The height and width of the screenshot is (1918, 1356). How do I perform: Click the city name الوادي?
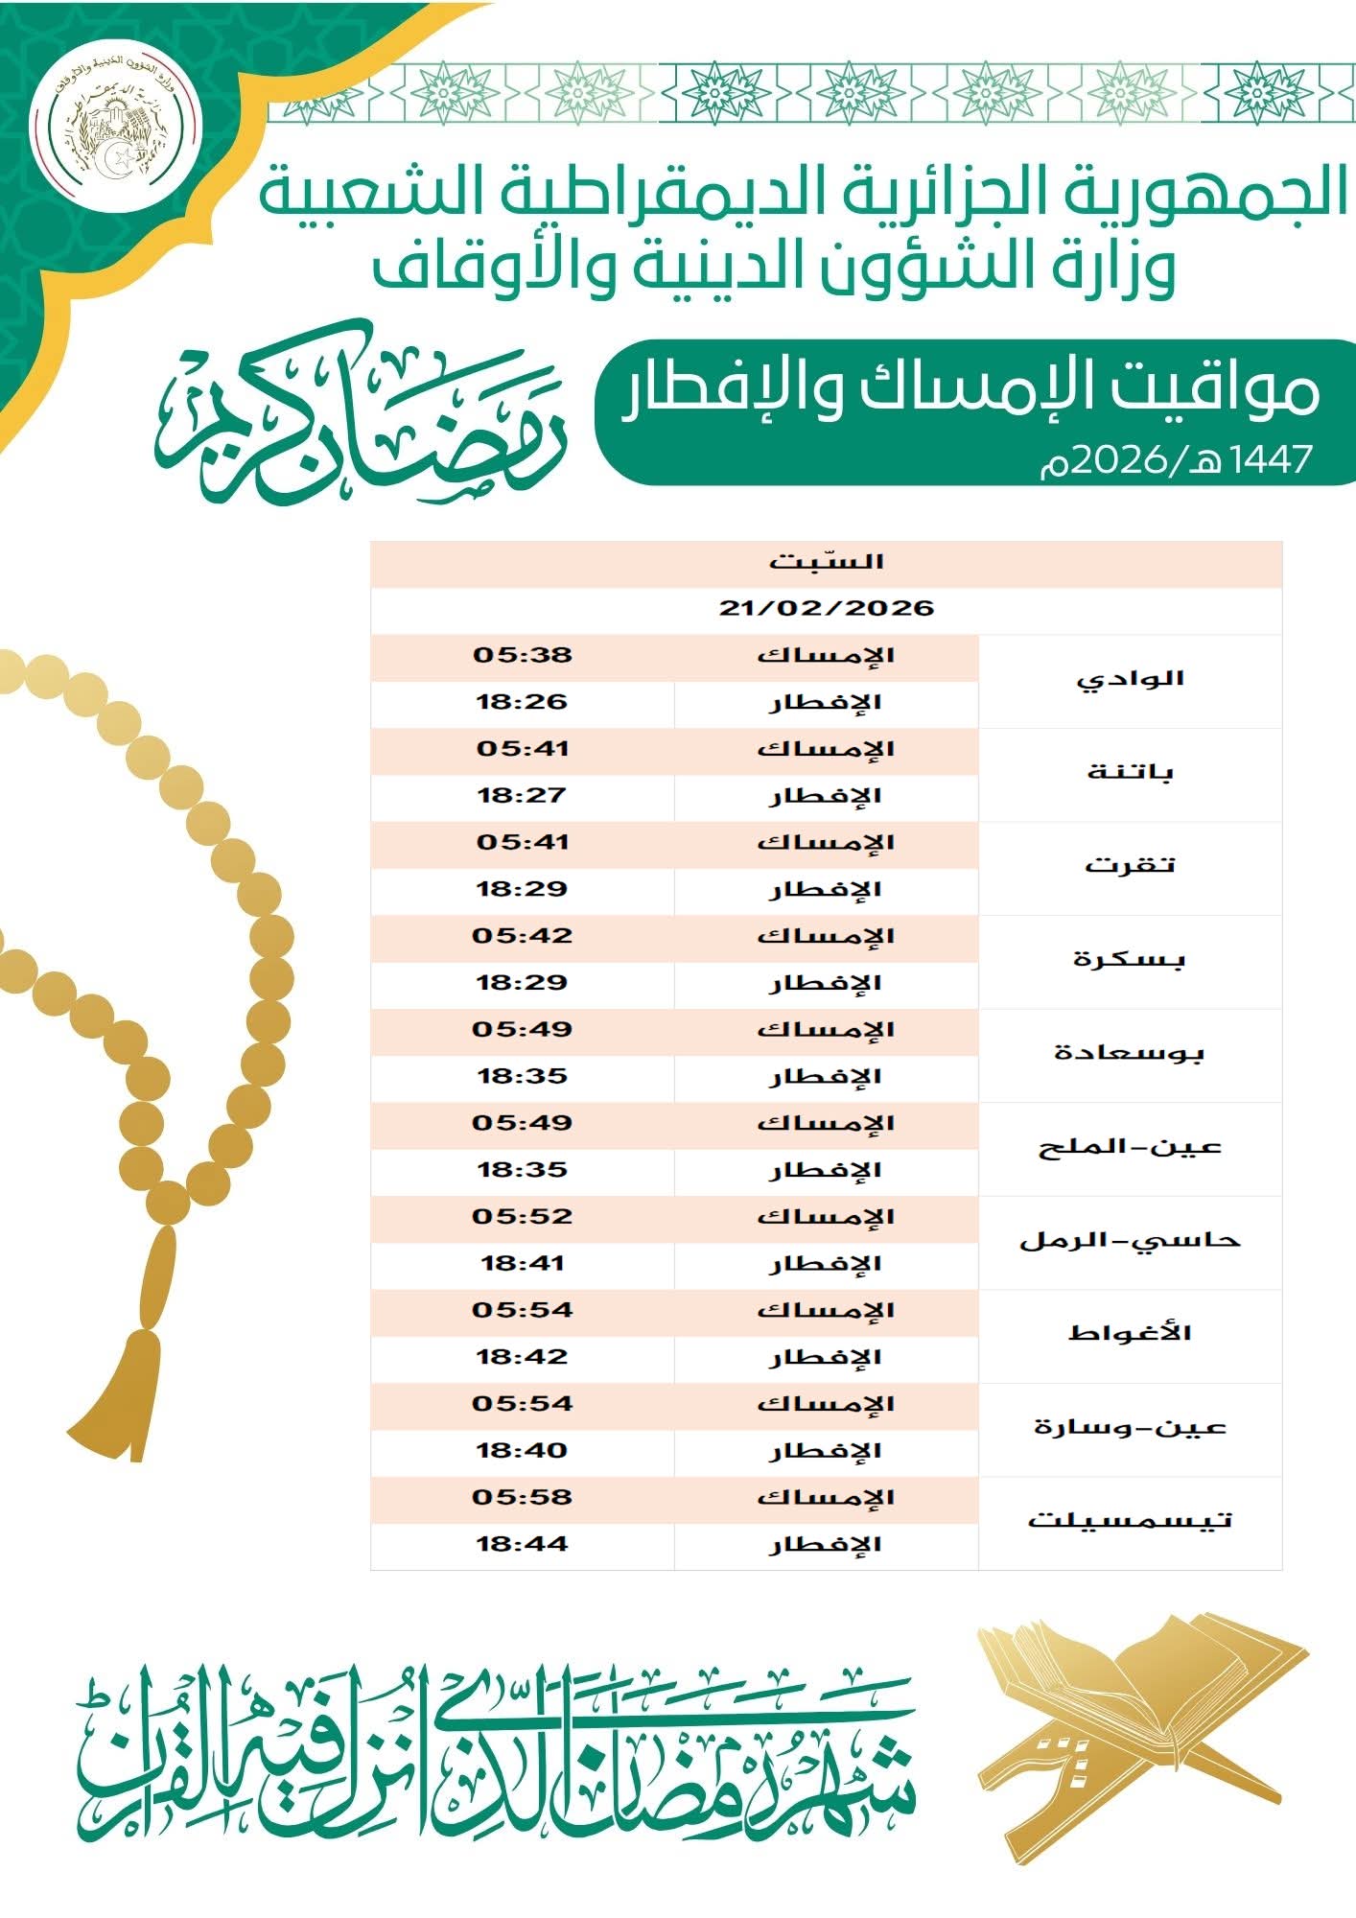[1131, 680]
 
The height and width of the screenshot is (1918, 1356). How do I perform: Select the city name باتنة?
[1131, 773]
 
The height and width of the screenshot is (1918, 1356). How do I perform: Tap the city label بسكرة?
[1131, 960]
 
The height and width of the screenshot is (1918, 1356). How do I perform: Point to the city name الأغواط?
[1131, 1334]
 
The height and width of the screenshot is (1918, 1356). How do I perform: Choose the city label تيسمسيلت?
[1131, 1521]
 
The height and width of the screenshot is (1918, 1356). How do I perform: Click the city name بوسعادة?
[1131, 1053]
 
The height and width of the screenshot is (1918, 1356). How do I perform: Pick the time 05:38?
[523, 656]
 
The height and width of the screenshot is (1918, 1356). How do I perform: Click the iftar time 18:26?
[523, 703]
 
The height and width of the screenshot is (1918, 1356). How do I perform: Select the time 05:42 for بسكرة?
[523, 936]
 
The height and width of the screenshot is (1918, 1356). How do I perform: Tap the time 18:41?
[523, 1264]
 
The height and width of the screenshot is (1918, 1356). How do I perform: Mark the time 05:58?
[523, 1498]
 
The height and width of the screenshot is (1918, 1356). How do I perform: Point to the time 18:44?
[523, 1545]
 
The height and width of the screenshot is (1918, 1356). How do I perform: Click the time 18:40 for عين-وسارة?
[523, 1451]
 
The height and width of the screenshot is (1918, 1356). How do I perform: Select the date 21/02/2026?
[826, 609]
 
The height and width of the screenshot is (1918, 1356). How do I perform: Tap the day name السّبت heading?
[826, 562]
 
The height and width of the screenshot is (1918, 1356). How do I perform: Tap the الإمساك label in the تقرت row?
[826, 843]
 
